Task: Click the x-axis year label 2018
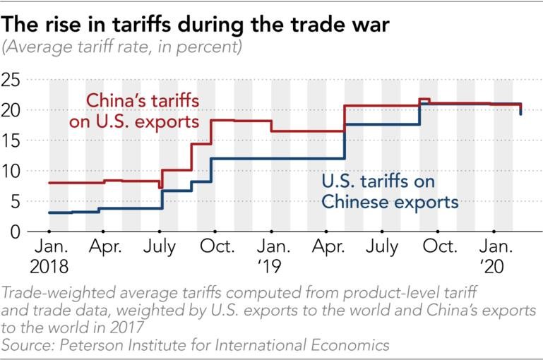tap(49, 268)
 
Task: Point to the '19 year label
tap(271, 268)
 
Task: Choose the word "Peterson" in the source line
tap(97, 344)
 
